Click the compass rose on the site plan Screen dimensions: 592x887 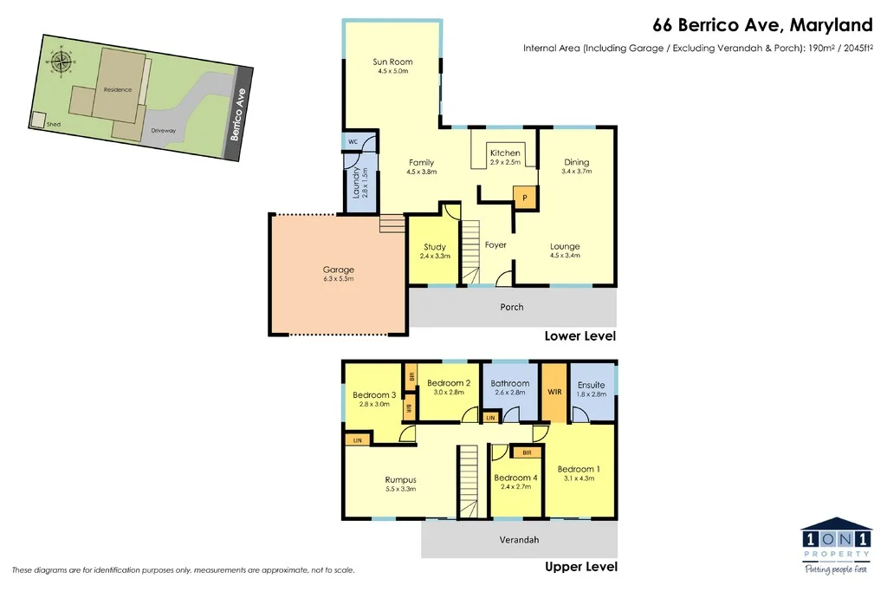[x=61, y=62]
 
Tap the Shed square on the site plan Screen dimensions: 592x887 [x=37, y=120]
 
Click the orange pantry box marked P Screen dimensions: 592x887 [x=525, y=198]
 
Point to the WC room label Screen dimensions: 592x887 [x=353, y=141]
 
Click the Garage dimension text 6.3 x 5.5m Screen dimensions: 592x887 [x=338, y=279]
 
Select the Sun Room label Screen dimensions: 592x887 [x=392, y=62]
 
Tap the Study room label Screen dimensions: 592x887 [x=435, y=247]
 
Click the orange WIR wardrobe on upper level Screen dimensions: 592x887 [x=555, y=393]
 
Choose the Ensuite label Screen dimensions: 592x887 [x=591, y=385]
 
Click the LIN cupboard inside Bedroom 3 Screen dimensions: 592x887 [x=357, y=440]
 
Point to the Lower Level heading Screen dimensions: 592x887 [x=579, y=335]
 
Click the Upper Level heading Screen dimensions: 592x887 [x=580, y=567]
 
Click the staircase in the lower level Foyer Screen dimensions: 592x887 [x=469, y=251]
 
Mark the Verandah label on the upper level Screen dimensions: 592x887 [x=519, y=540]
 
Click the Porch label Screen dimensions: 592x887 [x=512, y=307]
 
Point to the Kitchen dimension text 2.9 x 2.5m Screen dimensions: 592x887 [x=505, y=162]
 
